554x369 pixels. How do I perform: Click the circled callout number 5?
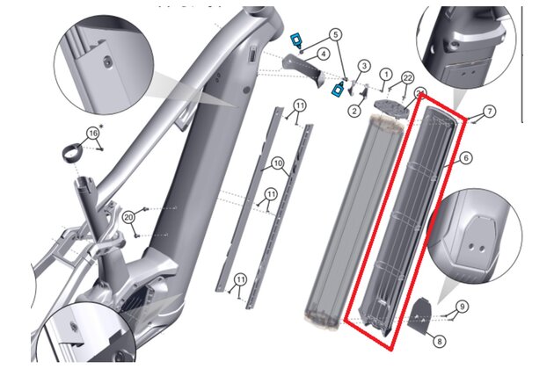(335, 34)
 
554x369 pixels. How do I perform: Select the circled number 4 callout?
(323, 54)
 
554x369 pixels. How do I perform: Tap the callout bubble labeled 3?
(364, 66)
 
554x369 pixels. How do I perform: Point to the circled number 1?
(386, 75)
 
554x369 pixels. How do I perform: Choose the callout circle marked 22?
(408, 77)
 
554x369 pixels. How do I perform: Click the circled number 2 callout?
(354, 111)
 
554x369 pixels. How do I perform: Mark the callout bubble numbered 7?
(489, 112)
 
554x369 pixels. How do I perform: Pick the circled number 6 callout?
(466, 158)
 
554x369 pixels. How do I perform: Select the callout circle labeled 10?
(278, 163)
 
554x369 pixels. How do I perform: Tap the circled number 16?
(93, 134)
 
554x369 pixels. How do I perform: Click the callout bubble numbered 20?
(129, 217)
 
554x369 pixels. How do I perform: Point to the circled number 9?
(463, 306)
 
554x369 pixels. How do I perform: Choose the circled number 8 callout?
(440, 342)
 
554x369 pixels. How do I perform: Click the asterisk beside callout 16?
(102, 127)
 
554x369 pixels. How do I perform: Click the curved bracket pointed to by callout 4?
(304, 69)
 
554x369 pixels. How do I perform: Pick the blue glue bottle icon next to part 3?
(339, 88)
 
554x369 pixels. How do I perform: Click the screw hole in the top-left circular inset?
(107, 62)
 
